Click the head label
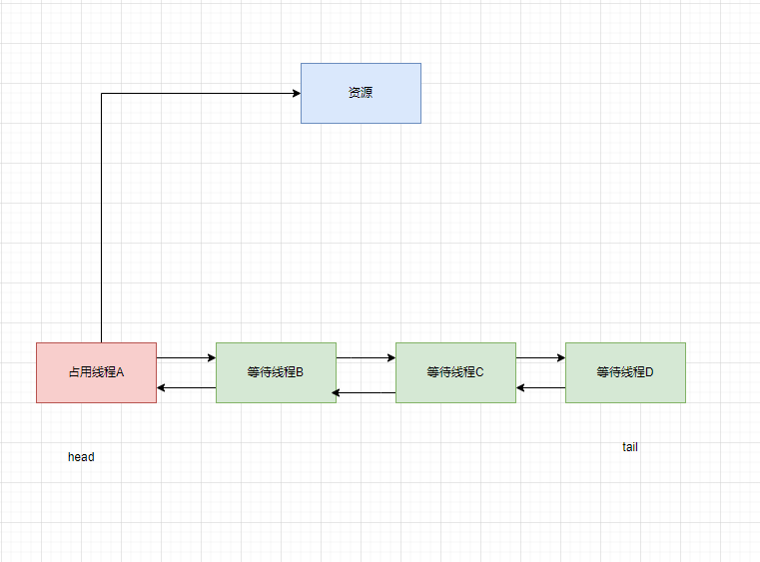(x=81, y=457)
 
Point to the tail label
(x=630, y=447)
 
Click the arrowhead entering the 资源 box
(x=297, y=94)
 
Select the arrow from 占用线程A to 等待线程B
(x=186, y=357)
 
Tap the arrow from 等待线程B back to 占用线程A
(x=186, y=387)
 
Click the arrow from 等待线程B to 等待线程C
(x=366, y=357)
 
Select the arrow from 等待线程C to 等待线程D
(x=540, y=357)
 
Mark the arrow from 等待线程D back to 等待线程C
(x=540, y=387)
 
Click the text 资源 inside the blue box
(x=361, y=93)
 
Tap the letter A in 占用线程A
(x=120, y=372)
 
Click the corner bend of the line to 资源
(x=102, y=94)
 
